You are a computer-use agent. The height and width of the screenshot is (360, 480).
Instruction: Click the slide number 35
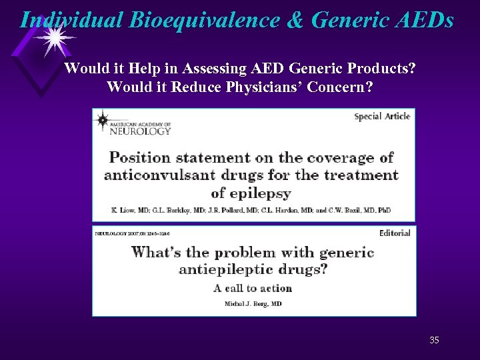coord(434,341)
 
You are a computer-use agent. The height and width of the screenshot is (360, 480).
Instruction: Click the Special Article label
coord(382,117)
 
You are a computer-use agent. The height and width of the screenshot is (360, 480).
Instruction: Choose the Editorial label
coord(395,233)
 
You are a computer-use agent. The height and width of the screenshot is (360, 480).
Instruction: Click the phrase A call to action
coord(253,289)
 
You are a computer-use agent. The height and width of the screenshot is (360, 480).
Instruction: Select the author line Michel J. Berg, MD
coord(253,303)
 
